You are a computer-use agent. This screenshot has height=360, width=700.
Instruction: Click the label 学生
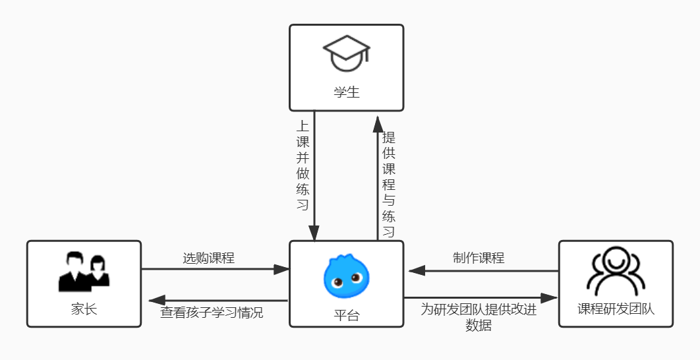[346, 92]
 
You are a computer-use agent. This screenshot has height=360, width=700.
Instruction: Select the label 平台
[346, 315]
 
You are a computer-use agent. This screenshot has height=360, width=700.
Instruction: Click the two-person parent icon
[84, 271]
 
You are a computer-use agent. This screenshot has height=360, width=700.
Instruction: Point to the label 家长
[84, 309]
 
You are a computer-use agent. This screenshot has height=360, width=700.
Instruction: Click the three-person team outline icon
[616, 271]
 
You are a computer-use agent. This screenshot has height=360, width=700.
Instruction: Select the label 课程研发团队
[616, 309]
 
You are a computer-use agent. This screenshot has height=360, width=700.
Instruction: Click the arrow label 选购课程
[208, 258]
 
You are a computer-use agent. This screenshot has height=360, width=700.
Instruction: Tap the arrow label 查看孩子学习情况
[212, 313]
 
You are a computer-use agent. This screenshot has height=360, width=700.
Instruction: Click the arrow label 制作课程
[479, 258]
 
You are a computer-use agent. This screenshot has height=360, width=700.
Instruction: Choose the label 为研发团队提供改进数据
[479, 317]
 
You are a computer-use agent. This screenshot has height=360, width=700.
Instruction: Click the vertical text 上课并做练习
[303, 165]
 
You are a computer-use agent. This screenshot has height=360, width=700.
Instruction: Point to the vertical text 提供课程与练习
[389, 185]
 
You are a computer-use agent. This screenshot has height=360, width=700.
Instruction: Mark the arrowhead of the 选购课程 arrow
[281, 269]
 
